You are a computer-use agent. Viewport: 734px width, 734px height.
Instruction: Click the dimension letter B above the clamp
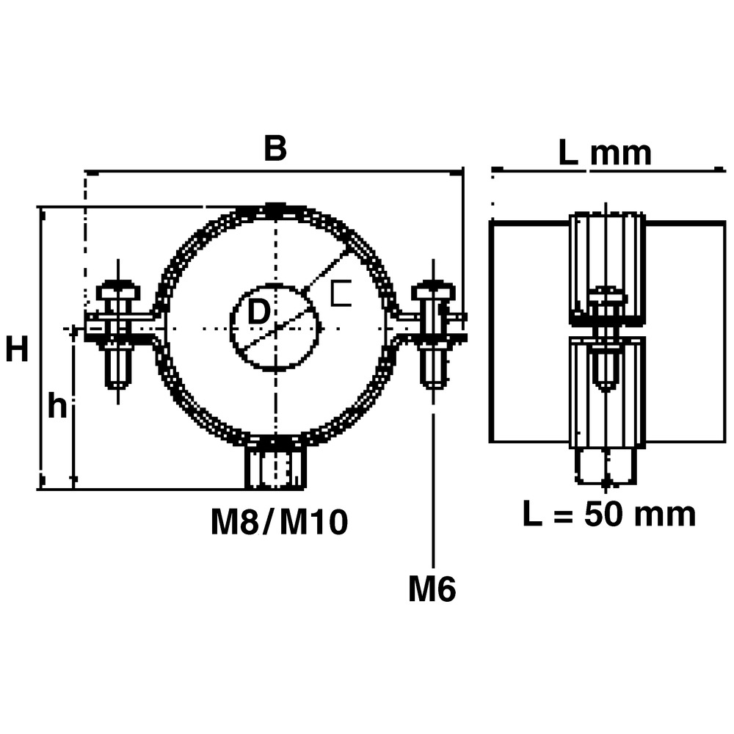click(275, 148)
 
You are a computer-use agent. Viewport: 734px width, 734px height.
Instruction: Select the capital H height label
click(17, 349)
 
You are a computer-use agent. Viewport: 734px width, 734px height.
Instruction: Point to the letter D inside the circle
click(258, 312)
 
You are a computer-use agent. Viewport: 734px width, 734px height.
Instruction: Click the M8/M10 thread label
click(280, 522)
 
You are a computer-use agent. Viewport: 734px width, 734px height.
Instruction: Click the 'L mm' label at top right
click(605, 153)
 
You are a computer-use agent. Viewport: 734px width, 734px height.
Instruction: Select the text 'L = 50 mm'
click(609, 514)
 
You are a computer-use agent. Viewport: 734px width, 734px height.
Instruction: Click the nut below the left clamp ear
click(118, 364)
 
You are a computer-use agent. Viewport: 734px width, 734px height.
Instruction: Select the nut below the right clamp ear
click(434, 364)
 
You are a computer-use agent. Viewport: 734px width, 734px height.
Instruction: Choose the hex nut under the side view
click(606, 466)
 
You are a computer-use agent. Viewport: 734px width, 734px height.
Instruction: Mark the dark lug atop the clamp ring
click(276, 208)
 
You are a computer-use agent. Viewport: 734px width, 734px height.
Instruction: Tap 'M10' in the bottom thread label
click(313, 522)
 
